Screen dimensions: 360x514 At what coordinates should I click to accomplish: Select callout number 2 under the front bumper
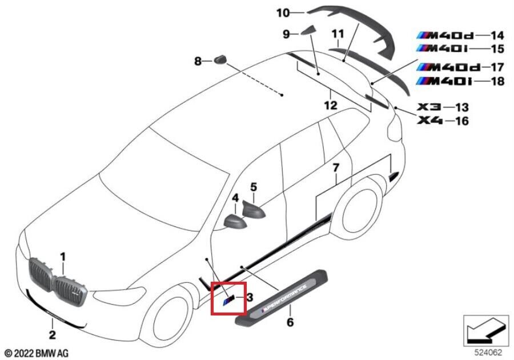click(52, 335)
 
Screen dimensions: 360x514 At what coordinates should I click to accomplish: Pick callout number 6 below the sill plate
click(290, 323)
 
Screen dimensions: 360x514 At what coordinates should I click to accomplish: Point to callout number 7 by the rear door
click(336, 168)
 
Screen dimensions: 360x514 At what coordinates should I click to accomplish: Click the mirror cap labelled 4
click(234, 221)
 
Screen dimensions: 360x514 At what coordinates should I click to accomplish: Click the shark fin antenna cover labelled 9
click(309, 31)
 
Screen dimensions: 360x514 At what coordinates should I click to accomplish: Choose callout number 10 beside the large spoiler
click(298, 11)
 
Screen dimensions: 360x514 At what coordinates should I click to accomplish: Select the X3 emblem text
click(429, 107)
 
